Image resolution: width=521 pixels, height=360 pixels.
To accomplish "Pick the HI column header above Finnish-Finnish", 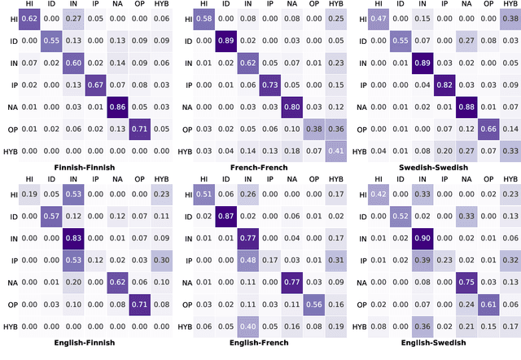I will coord(29,5).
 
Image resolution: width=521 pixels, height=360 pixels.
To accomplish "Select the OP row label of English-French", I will coord(187,304).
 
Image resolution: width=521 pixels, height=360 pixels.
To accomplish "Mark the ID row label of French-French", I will coord(187,40).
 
